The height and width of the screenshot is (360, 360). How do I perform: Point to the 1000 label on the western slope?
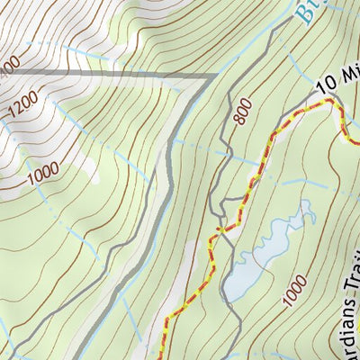(x=42, y=172)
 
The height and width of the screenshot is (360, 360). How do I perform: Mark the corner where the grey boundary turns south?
(x=213, y=76)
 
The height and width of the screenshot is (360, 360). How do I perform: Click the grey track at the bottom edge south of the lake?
(x=236, y=355)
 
